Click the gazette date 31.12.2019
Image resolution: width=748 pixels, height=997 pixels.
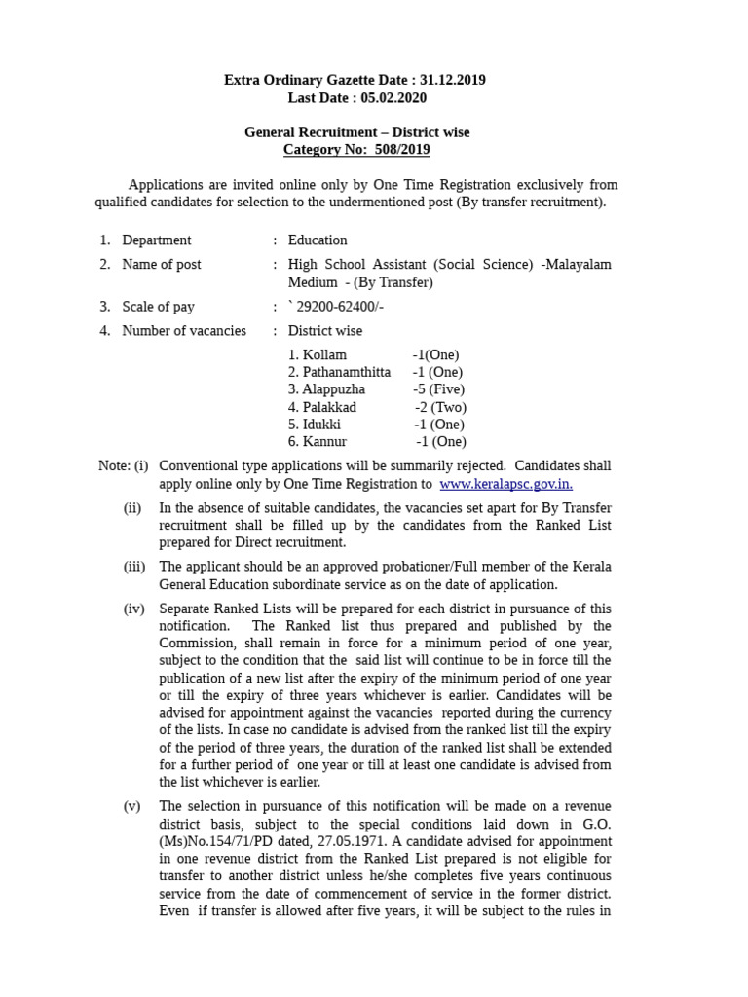point(451,80)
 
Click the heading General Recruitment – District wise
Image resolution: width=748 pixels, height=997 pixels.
point(356,131)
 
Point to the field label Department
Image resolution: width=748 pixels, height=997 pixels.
point(156,240)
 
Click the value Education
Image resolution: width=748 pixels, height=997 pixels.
point(318,240)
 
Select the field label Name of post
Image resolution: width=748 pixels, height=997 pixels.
point(162,264)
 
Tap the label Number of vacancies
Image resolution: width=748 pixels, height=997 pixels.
point(183,330)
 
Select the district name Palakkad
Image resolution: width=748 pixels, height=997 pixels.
point(329,406)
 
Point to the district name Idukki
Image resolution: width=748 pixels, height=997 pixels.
point(321,424)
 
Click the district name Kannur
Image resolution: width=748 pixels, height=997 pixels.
point(324,441)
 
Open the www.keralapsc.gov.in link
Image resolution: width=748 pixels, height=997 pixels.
point(505,484)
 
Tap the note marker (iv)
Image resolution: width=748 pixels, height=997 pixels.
point(134,609)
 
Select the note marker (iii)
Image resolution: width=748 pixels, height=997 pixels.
point(134,567)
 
